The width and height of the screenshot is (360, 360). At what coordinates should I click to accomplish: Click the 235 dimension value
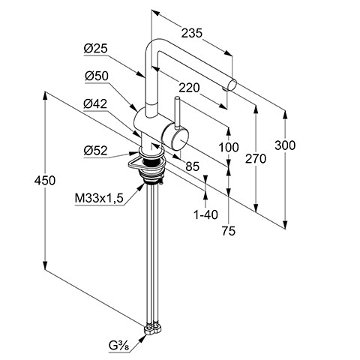tap(191, 33)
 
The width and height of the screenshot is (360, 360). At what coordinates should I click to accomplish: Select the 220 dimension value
tap(189, 88)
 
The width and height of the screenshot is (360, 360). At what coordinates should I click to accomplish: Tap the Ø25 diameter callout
tap(96, 48)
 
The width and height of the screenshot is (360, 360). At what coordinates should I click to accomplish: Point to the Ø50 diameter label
tap(97, 76)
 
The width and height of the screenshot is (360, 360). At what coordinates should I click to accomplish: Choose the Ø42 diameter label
tap(95, 103)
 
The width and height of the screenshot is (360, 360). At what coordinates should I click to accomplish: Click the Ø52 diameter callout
tap(95, 151)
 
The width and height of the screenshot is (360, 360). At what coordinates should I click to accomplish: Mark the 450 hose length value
tap(45, 181)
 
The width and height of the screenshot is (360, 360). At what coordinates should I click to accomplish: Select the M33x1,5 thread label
tap(99, 199)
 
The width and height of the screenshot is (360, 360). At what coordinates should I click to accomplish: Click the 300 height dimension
tap(285, 145)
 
